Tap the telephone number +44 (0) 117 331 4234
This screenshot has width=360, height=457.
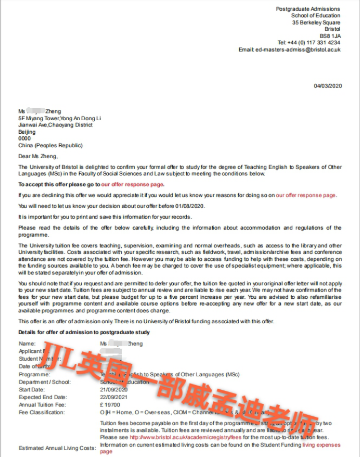(309, 43)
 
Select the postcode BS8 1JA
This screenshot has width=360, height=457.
(330, 36)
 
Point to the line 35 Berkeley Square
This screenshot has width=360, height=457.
(316, 22)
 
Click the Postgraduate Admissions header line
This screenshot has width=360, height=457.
(307, 9)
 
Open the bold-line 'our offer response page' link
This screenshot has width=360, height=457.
(133, 184)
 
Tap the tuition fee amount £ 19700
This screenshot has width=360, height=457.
(110, 404)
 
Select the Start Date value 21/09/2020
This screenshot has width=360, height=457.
(113, 389)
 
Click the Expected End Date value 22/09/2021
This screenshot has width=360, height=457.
(113, 397)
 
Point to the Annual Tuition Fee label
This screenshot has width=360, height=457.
(42, 404)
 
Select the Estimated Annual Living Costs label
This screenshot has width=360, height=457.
(57, 448)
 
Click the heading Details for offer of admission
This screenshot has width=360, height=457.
(84, 332)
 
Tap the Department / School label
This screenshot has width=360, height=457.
(45, 382)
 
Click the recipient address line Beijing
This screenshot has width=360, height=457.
(27, 132)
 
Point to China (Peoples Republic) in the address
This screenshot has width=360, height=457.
(50, 145)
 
